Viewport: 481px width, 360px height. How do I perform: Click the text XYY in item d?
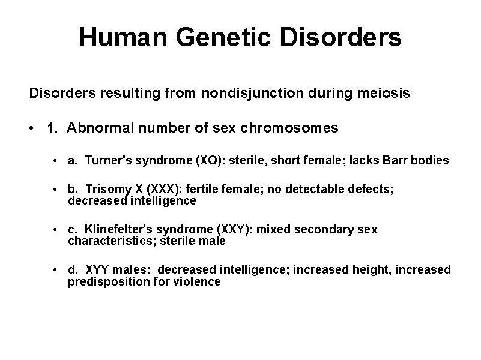tap(98, 269)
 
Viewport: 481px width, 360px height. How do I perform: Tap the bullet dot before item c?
tap(55, 230)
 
